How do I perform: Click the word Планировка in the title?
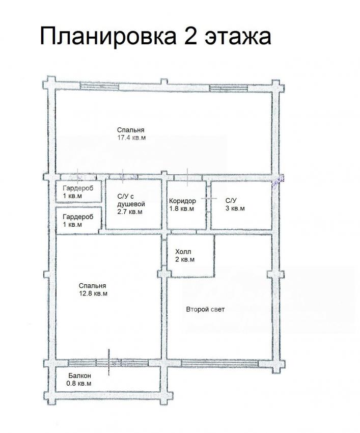click(x=108, y=37)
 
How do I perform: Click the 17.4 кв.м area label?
click(x=131, y=138)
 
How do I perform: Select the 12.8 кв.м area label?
click(x=93, y=293)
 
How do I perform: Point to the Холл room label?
click(x=183, y=252)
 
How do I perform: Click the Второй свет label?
click(x=205, y=309)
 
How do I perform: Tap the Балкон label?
click(x=79, y=376)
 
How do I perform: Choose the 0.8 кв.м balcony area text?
click(x=79, y=384)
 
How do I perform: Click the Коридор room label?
click(x=182, y=201)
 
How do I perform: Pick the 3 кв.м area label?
click(x=235, y=208)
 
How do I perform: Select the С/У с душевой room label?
click(x=131, y=201)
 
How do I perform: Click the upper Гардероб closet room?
click(x=79, y=192)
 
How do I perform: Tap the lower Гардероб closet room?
click(x=79, y=221)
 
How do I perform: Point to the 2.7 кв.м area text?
click(x=130, y=212)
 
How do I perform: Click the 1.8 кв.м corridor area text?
click(x=181, y=208)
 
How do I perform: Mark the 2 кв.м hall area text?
click(x=185, y=260)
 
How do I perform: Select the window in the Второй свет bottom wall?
click(x=220, y=363)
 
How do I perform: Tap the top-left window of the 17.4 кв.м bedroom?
click(x=99, y=87)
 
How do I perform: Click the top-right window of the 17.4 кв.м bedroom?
click(x=228, y=88)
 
